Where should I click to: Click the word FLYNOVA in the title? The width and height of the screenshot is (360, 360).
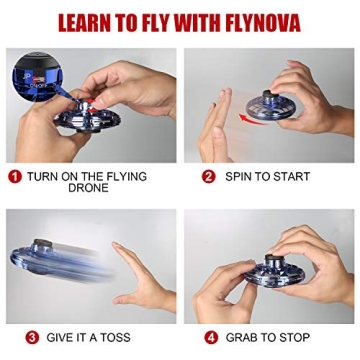coord(259,23)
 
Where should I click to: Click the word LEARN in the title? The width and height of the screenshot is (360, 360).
coord(90,23)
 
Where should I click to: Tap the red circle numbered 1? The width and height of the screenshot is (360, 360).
coord(15,176)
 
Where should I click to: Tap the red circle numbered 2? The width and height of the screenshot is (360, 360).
coord(209,176)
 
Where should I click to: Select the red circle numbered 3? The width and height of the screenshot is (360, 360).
coord(32,337)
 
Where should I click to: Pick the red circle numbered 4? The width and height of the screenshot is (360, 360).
coord(211,337)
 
